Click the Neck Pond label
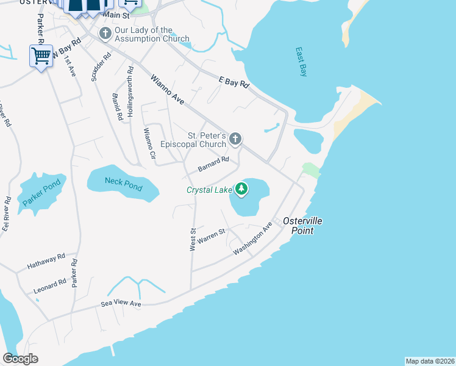[x=123, y=182]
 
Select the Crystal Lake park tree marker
[x=242, y=189]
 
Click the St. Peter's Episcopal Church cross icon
[x=236, y=140]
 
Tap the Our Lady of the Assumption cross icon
[x=105, y=34]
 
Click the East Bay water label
[x=301, y=62]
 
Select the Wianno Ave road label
[x=167, y=88]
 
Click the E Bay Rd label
[x=235, y=82]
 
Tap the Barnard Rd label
[x=213, y=163]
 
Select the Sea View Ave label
[x=121, y=304]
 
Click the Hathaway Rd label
[x=46, y=263]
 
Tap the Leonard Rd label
[x=50, y=286]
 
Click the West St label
[x=193, y=239]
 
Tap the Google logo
[x=20, y=358]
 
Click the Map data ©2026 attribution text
[x=429, y=361]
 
